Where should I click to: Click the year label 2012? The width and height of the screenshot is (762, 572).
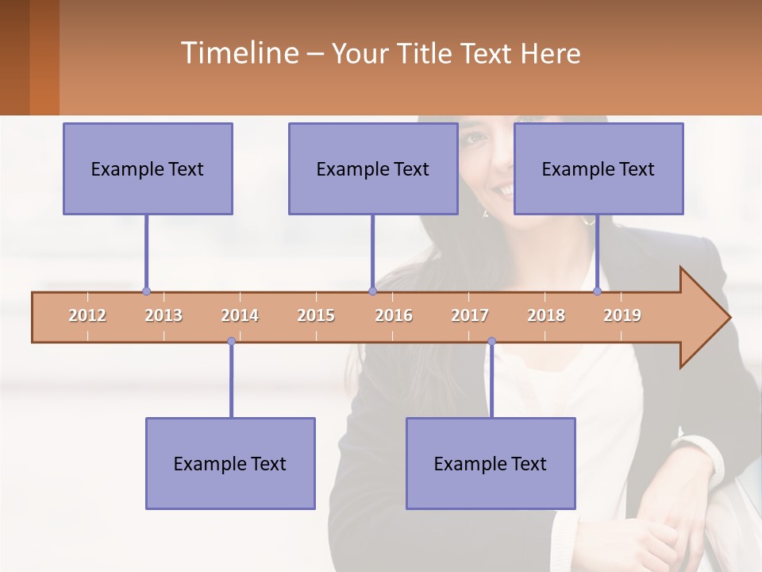(x=87, y=315)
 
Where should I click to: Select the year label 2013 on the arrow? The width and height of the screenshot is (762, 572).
(x=164, y=315)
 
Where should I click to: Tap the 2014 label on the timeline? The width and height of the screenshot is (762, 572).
(x=240, y=315)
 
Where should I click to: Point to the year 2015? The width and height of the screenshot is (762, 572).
(x=316, y=315)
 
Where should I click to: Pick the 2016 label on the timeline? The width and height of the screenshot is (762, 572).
(x=394, y=315)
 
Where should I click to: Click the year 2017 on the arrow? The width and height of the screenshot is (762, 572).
(x=470, y=315)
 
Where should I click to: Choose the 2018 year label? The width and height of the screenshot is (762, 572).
(x=546, y=315)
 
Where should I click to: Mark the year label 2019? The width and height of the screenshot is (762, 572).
(x=622, y=315)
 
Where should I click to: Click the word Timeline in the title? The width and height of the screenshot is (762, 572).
(x=238, y=53)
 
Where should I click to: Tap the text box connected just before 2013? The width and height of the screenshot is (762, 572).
(x=148, y=168)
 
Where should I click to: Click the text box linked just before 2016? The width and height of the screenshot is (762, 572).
(x=373, y=168)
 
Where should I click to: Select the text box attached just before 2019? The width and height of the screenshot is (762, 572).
(x=598, y=168)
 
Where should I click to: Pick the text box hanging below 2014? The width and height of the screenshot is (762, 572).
(x=230, y=463)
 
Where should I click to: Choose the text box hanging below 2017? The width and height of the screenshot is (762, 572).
(x=491, y=463)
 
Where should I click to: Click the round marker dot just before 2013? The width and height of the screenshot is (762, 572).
(x=146, y=292)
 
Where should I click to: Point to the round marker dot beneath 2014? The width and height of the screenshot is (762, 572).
(x=231, y=342)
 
